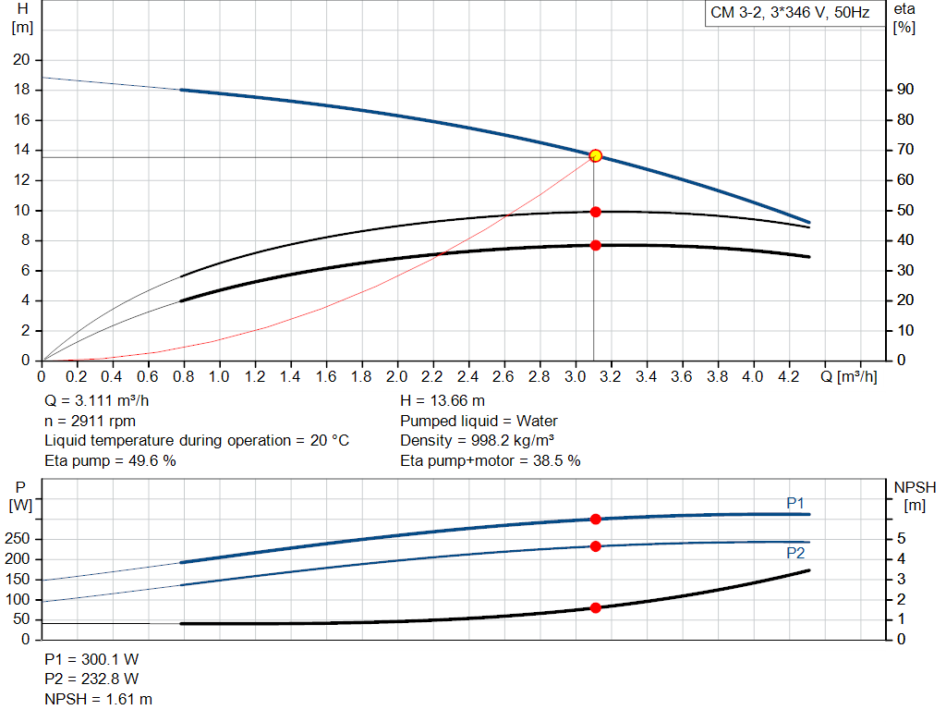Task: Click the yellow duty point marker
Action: point(596,155)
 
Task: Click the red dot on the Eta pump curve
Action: point(596,212)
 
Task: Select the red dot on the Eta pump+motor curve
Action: point(596,245)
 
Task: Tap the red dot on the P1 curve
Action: point(596,520)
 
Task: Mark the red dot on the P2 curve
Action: point(596,546)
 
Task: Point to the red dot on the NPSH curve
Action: point(596,608)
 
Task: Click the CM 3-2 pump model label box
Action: point(790,14)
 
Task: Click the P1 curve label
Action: point(795,502)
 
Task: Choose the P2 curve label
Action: point(795,553)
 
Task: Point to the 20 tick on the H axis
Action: point(20,60)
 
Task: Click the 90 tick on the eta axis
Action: point(905,90)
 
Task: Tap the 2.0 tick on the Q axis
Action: point(397,377)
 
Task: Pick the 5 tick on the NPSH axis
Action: point(901,539)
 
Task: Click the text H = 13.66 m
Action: point(443,401)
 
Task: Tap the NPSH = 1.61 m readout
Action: point(99,699)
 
